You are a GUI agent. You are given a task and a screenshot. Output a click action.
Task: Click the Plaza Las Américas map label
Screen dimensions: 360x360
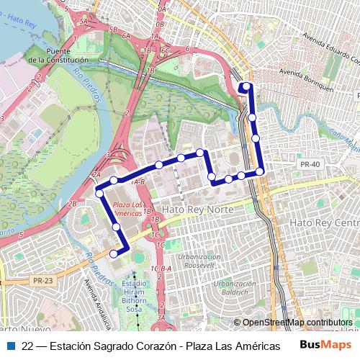pyautogui.click(x=128, y=209)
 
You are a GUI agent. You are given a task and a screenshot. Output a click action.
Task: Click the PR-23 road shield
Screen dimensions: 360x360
pyautogui.click(x=42, y=280)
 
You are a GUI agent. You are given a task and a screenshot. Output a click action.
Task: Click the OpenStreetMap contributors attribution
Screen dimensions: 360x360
pyautogui.click(x=297, y=322)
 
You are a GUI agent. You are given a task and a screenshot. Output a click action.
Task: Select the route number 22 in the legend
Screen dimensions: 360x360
pyautogui.click(x=28, y=346)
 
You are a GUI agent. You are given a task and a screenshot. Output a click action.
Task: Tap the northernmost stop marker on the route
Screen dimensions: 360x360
pyautogui.click(x=246, y=87)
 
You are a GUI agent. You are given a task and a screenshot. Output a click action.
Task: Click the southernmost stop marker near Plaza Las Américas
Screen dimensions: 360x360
pyautogui.click(x=113, y=253)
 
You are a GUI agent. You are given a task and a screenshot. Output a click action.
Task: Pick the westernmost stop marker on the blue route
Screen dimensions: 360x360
pyautogui.click(x=99, y=193)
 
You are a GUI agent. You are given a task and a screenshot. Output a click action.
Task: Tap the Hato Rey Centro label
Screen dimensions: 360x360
pyautogui.click(x=323, y=223)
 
